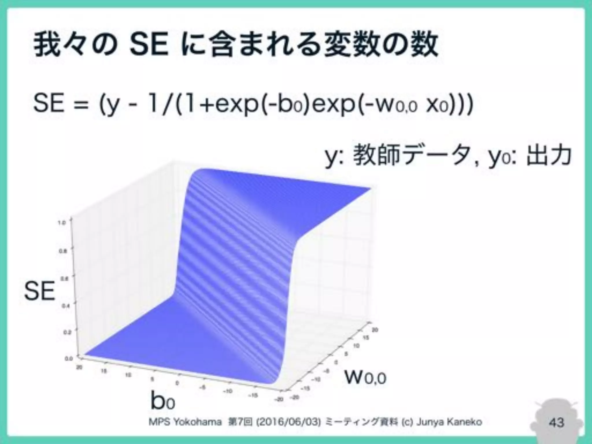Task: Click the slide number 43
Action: [x=556, y=422]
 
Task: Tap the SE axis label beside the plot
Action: [x=39, y=291]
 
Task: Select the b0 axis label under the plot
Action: [x=162, y=401]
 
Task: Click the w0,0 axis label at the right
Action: [x=365, y=377]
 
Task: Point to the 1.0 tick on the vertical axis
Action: [x=63, y=223]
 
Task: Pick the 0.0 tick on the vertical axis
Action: [x=69, y=359]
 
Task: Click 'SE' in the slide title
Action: [x=149, y=46]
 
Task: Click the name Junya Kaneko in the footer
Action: [x=449, y=422]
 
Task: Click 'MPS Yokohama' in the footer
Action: [x=185, y=422]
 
